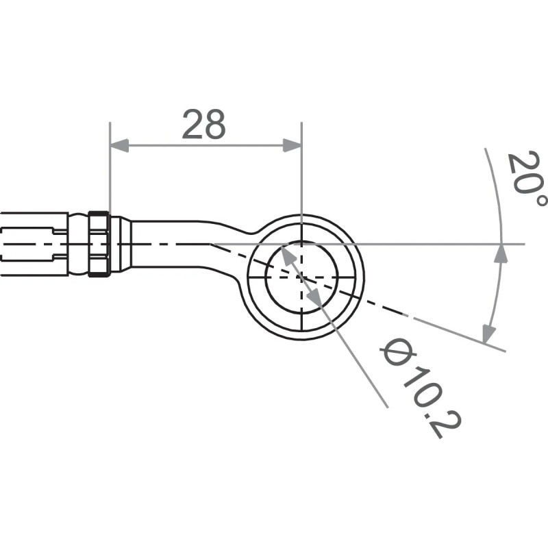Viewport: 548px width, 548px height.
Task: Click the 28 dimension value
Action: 203,125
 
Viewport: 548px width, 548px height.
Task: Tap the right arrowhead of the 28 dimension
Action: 292,145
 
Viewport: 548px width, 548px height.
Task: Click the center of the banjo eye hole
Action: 301,276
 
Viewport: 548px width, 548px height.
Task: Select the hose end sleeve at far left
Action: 34,244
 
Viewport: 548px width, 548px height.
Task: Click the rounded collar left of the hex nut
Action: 79,244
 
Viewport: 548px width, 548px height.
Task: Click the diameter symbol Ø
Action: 394,353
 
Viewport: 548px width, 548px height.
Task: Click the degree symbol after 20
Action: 541,199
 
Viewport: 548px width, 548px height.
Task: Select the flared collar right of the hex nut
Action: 120,244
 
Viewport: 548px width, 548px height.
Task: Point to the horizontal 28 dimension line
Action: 206,145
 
